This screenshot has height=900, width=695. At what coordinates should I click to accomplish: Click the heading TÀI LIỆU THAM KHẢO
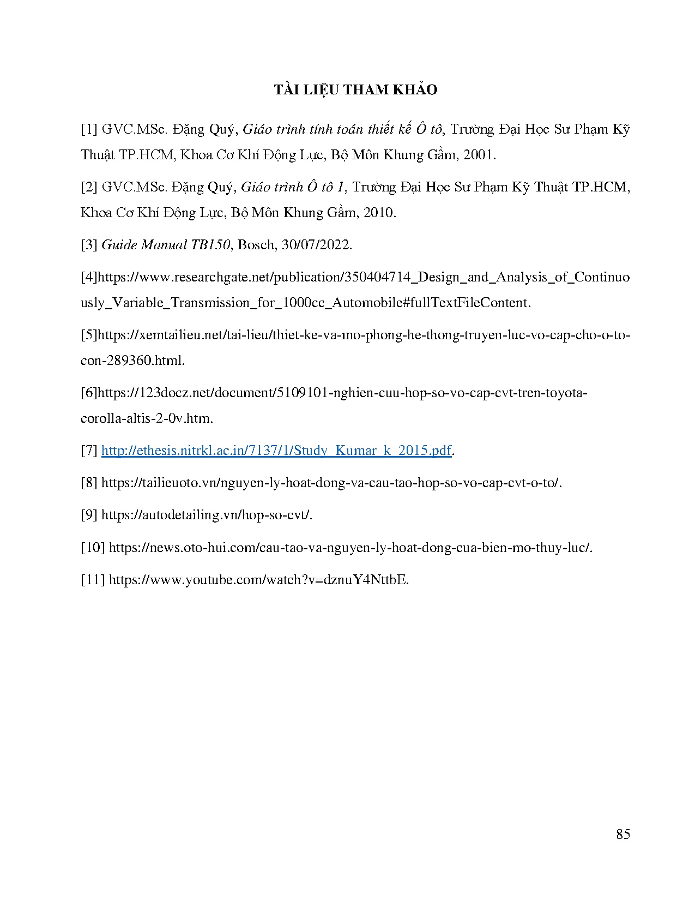pyautogui.click(x=355, y=90)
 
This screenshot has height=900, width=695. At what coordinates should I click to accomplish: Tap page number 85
pyautogui.click(x=623, y=834)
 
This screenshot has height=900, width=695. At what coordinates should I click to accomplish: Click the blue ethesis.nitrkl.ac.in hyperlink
pyautogui.click(x=276, y=451)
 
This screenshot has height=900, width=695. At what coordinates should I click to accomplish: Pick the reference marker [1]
pyautogui.click(x=89, y=130)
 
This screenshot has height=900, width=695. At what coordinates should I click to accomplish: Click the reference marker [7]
pyautogui.click(x=89, y=451)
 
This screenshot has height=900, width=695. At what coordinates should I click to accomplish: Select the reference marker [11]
pyautogui.click(x=93, y=579)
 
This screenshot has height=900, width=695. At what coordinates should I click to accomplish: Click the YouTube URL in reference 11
pyautogui.click(x=258, y=579)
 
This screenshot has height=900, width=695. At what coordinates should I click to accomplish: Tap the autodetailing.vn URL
pyautogui.click(x=207, y=515)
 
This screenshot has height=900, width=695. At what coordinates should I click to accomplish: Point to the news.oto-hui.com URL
pyautogui.click(x=350, y=547)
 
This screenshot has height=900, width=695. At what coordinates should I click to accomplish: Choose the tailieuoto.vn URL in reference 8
pyautogui.click(x=331, y=483)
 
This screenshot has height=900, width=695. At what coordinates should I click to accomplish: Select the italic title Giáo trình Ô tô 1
pyautogui.click(x=293, y=187)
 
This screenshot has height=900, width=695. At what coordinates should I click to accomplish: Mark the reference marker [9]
pyautogui.click(x=89, y=515)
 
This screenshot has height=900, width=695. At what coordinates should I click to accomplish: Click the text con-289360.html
pyautogui.click(x=132, y=361)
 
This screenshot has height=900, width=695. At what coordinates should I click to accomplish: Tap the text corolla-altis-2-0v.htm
pyautogui.click(x=147, y=418)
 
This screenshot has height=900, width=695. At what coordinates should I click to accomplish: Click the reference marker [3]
pyautogui.click(x=89, y=245)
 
